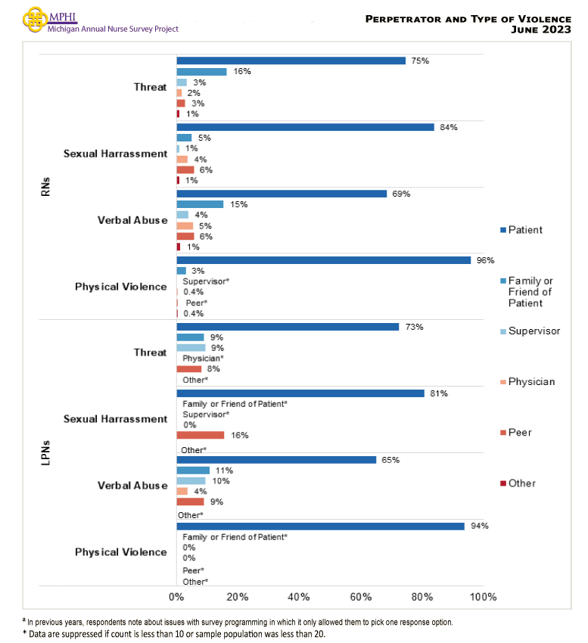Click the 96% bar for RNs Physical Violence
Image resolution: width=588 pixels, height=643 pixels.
click(323, 260)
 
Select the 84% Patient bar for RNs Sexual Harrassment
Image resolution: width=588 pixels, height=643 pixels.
click(305, 127)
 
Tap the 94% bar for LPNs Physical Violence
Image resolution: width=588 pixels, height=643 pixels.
click(320, 526)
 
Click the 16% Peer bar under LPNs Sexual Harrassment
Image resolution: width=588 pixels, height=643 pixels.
click(201, 435)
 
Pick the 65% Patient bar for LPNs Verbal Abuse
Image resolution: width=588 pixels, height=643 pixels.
click(276, 460)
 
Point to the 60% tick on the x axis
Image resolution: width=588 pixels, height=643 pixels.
click(360, 597)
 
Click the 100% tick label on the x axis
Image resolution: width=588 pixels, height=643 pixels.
click(483, 597)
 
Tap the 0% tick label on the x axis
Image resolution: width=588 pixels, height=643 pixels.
click(176, 597)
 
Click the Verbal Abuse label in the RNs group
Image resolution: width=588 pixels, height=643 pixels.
click(132, 220)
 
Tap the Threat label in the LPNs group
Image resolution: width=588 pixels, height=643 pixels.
click(150, 353)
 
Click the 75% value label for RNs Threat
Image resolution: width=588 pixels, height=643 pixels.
click(420, 61)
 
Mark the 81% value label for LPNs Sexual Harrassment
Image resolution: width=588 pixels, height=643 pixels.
click(439, 393)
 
